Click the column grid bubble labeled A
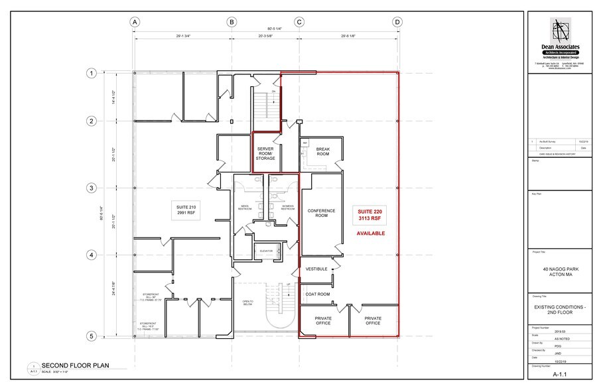[x=135, y=22]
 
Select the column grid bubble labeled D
[x=397, y=22]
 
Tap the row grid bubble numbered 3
[x=91, y=188]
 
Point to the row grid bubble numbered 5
[x=91, y=336]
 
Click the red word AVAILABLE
[x=371, y=233]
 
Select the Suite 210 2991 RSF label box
[x=186, y=211]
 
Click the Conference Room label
[x=321, y=213]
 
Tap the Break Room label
[x=322, y=151]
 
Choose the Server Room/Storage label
[x=265, y=153]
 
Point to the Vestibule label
[x=317, y=269]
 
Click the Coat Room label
[x=318, y=294]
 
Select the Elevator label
[x=266, y=251]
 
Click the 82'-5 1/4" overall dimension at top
[x=265, y=29]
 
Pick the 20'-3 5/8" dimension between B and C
[x=265, y=38]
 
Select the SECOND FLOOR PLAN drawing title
[x=74, y=365]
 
